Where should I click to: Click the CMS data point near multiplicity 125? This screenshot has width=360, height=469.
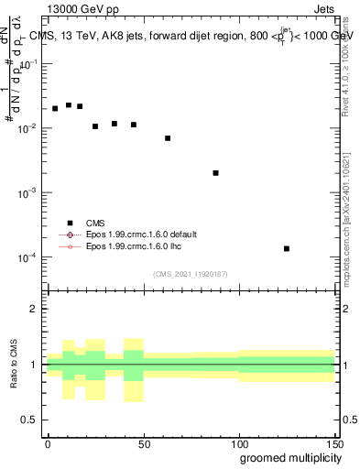coord(287,248)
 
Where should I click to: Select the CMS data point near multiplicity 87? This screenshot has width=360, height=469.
coord(215,173)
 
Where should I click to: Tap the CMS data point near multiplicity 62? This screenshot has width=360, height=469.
coord(168,138)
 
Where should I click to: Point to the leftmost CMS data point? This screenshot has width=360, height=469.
coord(55,109)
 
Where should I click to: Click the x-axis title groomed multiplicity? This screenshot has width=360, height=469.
coord(286,457)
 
